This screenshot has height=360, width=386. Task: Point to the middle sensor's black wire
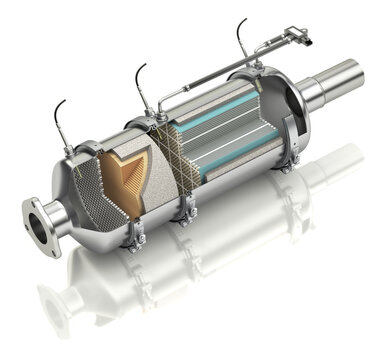(138, 78)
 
